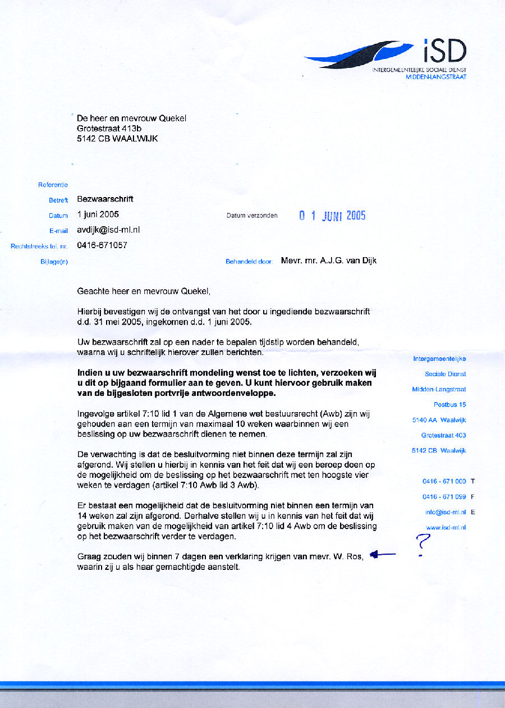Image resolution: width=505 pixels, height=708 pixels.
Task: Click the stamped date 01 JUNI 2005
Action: (x=332, y=216)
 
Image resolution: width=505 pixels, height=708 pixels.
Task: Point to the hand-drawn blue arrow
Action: (x=383, y=555)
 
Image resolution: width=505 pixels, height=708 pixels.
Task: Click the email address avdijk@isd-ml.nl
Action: (x=108, y=230)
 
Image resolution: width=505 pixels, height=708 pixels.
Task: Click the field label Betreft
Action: (x=58, y=200)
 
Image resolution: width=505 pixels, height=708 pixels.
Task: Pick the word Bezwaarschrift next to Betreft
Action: (x=105, y=199)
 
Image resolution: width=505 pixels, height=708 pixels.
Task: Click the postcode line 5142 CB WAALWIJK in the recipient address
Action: (x=117, y=138)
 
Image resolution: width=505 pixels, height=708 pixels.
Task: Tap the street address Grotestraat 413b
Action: (x=109, y=128)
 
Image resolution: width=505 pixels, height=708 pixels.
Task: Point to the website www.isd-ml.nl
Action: (x=446, y=527)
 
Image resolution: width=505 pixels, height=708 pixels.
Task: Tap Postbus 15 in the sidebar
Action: (x=449, y=404)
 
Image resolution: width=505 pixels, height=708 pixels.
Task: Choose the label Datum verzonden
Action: (x=252, y=216)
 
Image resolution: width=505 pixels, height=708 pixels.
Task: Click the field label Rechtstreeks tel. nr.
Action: (x=39, y=246)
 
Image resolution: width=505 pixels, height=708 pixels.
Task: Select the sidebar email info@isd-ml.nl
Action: (x=446, y=512)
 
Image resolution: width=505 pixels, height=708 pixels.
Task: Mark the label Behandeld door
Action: (x=249, y=262)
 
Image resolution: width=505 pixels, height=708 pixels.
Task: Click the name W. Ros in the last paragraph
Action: (x=350, y=556)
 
